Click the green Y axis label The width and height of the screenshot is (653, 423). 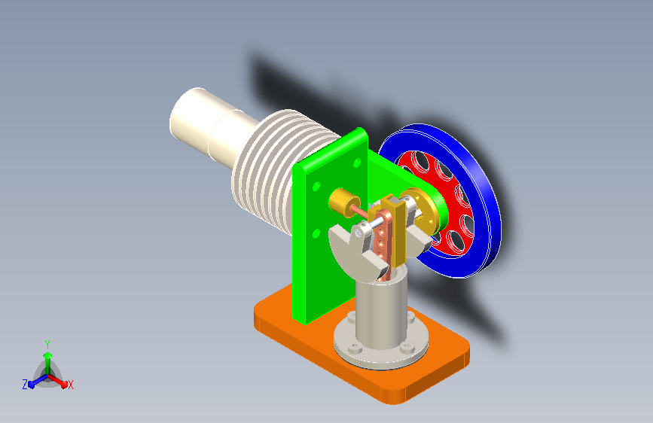47,344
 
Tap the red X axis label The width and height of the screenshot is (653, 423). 70,385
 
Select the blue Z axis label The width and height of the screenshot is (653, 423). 25,385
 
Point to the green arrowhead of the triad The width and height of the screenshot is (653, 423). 47,355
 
